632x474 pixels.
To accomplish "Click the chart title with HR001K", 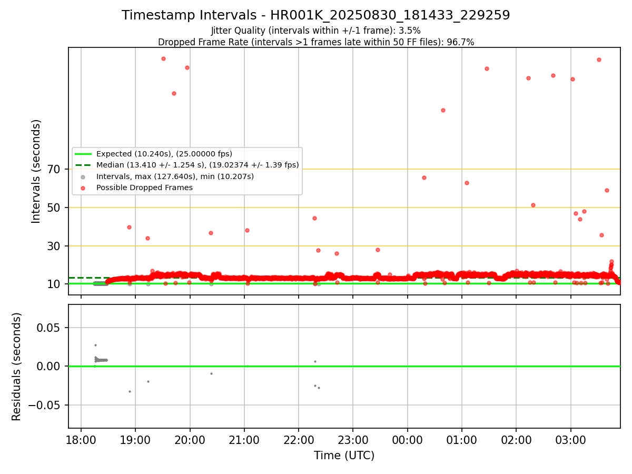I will coord(316,15).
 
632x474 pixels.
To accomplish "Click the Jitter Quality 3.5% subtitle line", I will coord(316,31).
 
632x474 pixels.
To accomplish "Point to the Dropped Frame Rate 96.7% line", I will coord(316,42).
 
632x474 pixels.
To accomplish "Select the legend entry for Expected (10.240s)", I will coord(164,154).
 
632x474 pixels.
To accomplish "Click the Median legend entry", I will coord(197,165).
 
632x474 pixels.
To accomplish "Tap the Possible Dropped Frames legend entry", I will coord(144,187).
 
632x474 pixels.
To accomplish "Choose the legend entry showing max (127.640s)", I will coord(175,176).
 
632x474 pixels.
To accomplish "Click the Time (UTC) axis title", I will coord(344,456).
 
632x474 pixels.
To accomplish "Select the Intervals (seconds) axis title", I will coord(36,171).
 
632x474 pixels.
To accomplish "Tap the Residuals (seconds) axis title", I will coord(16,367).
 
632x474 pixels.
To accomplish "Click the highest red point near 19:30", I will coord(163,58).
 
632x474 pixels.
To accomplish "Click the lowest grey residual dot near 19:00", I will coord(130,391).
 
